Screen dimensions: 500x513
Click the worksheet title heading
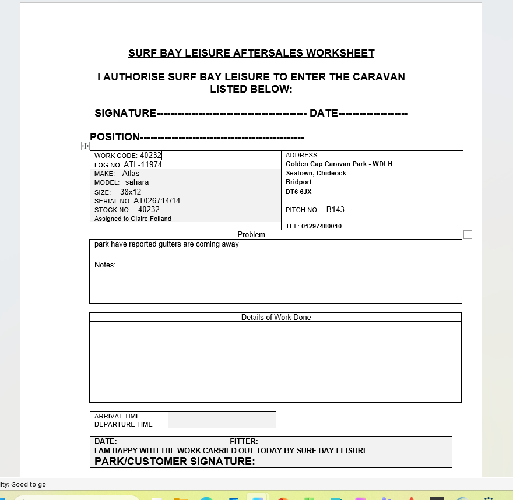point(251,53)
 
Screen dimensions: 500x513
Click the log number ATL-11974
point(143,165)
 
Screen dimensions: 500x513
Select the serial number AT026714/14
point(157,201)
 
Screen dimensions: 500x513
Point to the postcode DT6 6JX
point(298,192)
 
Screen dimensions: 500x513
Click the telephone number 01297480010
point(321,226)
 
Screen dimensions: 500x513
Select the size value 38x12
point(131,192)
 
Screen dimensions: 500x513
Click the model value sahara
point(137,182)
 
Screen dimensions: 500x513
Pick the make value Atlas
point(131,174)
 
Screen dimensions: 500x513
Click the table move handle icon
point(85,146)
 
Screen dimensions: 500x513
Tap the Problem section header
point(251,235)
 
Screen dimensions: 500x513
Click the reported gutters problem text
point(167,244)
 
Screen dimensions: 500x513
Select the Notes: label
point(105,265)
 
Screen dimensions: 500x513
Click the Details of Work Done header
point(276,318)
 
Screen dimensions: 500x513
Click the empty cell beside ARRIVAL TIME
point(222,416)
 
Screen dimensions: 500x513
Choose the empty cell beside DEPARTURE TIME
point(222,424)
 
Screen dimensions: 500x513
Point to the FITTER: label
point(244,442)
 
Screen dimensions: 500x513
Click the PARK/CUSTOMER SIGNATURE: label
point(174,462)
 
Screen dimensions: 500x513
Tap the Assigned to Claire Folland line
point(133,219)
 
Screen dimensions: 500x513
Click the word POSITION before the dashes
point(115,137)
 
